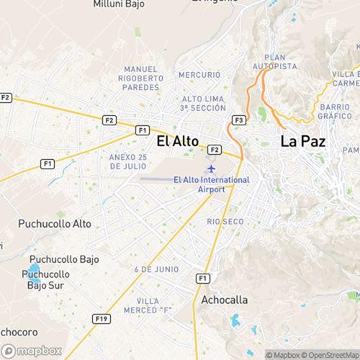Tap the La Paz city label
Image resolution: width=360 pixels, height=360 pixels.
[x=303, y=142]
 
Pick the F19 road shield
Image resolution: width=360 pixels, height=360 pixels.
[x=101, y=317]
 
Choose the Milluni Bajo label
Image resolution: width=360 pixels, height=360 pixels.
[x=119, y=4]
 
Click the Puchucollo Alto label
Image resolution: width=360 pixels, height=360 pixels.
[x=55, y=223]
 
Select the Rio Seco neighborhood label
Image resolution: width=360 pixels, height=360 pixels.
[x=220, y=221]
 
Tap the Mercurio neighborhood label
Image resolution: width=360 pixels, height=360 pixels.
[x=199, y=74]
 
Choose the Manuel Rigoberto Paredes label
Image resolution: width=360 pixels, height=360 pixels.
[x=135, y=77]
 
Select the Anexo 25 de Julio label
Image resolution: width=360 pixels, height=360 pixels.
[x=128, y=161]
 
